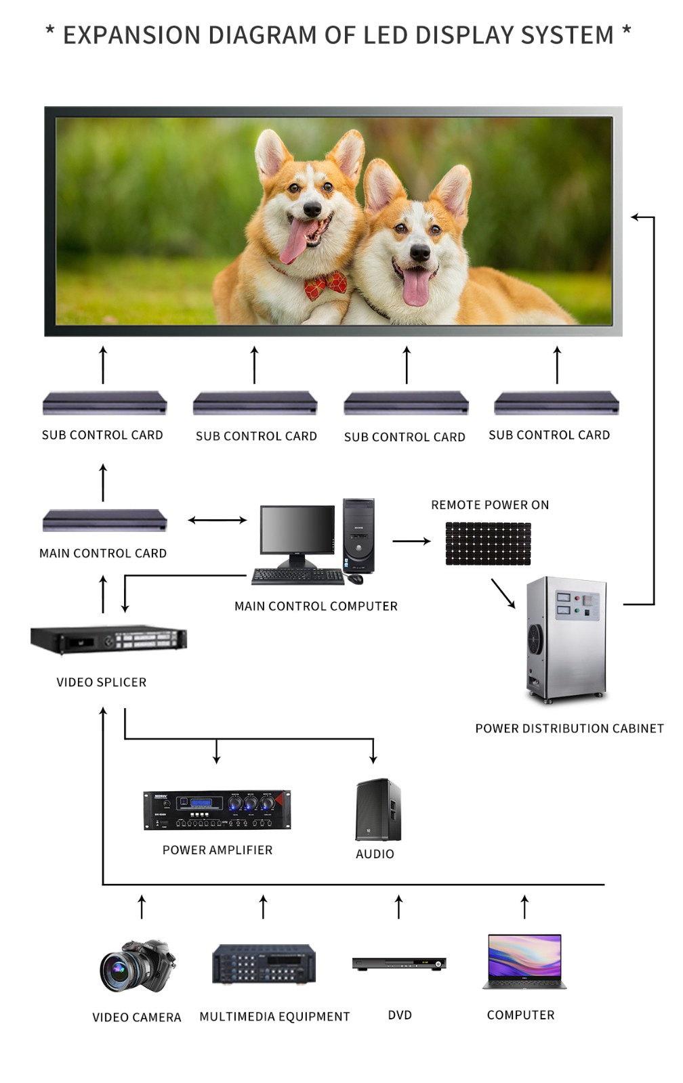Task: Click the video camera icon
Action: click(138, 966)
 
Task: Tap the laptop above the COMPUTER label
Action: click(524, 961)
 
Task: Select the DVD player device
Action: click(399, 963)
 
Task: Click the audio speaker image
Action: click(378, 810)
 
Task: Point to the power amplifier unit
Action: click(217, 809)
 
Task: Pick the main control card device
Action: click(104, 521)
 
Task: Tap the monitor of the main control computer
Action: click(297, 532)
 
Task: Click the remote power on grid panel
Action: click(488, 543)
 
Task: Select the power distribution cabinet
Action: click(566, 638)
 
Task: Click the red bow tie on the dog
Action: click(326, 285)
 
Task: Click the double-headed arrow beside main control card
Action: click(217, 520)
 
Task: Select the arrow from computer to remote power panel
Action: click(411, 541)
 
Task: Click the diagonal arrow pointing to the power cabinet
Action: click(503, 593)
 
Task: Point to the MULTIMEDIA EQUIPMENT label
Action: click(274, 1016)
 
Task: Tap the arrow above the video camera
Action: click(142, 906)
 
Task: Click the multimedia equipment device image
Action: click(264, 964)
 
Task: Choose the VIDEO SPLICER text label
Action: click(102, 682)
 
